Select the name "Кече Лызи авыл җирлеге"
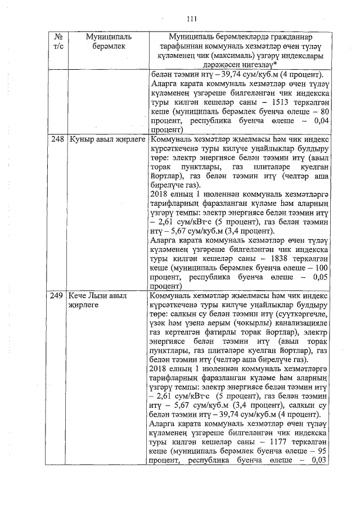[x=98, y=300]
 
